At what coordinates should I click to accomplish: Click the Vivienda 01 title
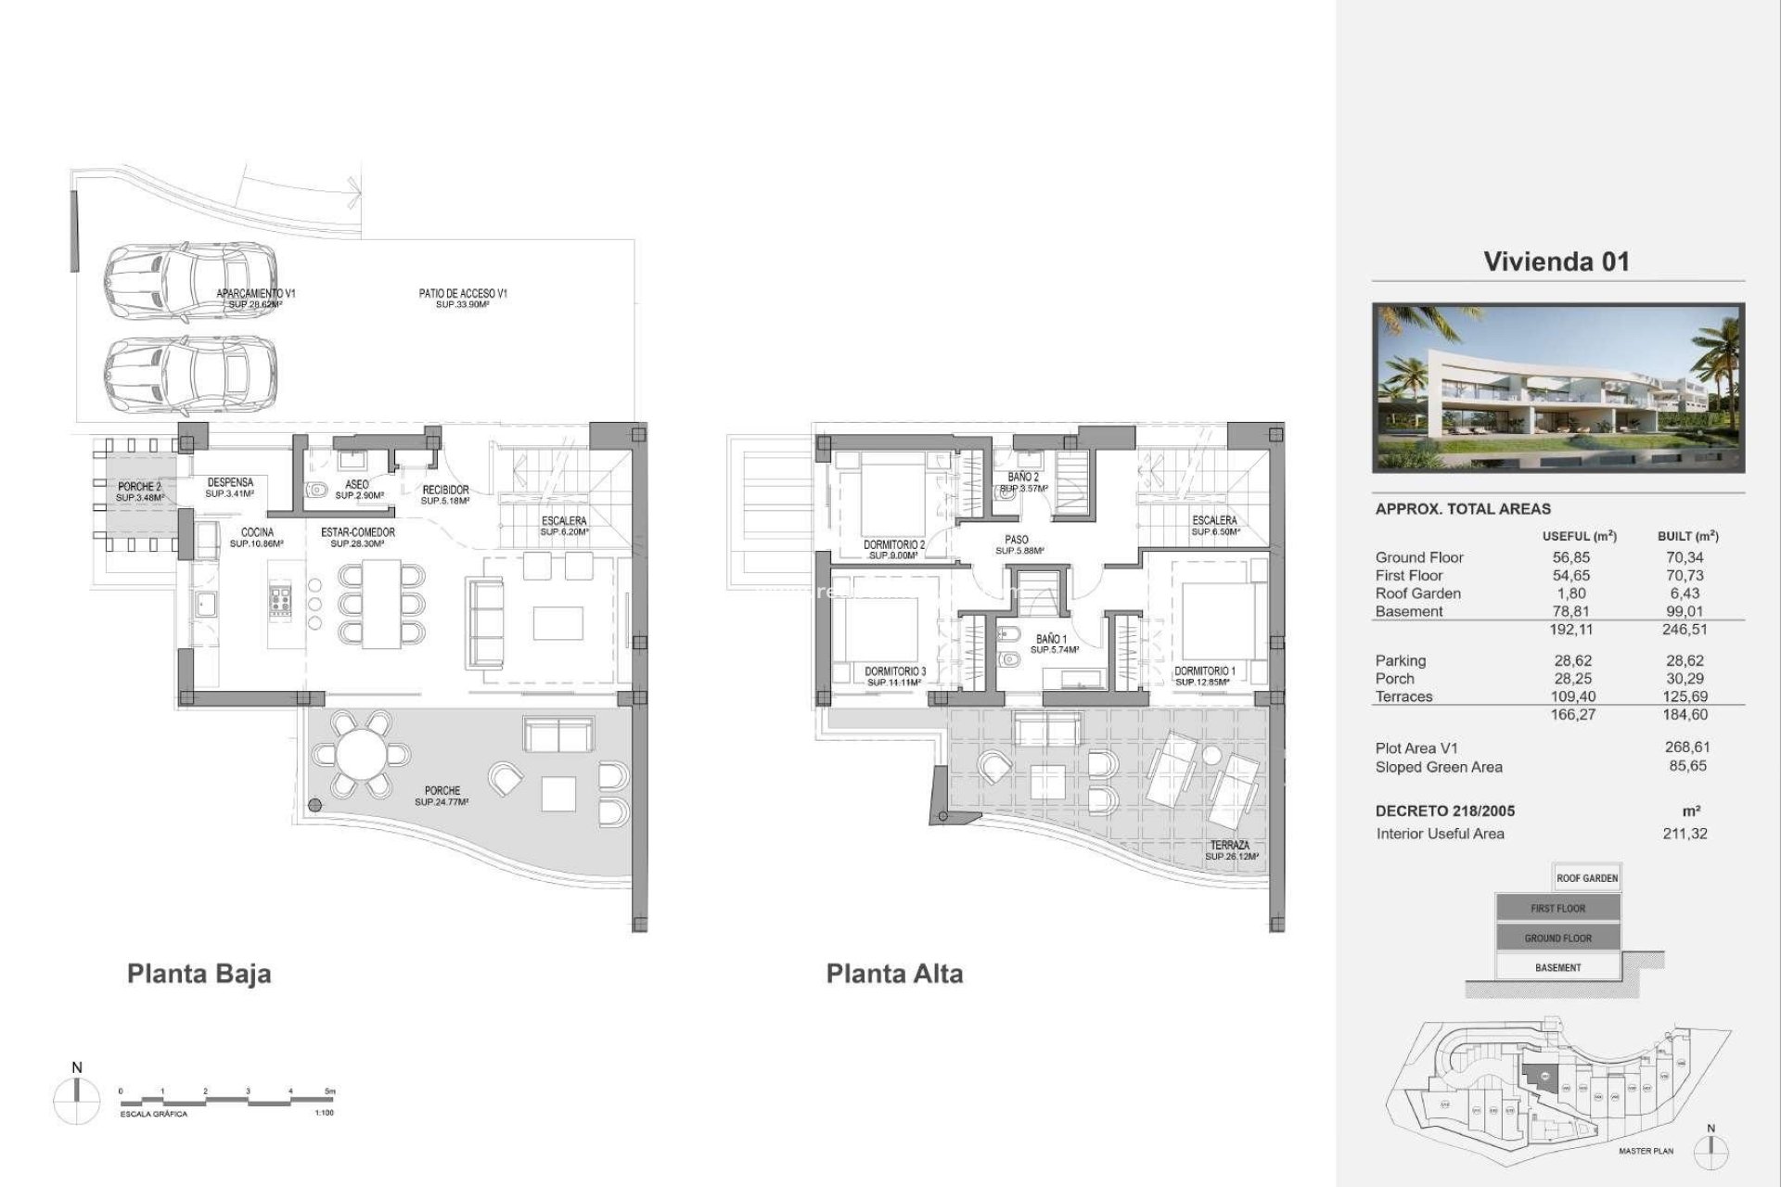(x=1556, y=262)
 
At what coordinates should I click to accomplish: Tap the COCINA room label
(x=257, y=532)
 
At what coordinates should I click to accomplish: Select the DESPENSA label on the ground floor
(x=230, y=482)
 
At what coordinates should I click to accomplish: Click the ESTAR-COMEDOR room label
(x=358, y=532)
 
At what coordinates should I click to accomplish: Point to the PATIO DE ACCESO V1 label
(x=463, y=294)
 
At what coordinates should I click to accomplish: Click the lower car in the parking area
(x=189, y=375)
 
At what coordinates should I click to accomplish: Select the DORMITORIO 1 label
(x=1204, y=671)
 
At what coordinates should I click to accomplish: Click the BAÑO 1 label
(x=1051, y=640)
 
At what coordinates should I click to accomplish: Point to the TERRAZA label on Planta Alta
(x=1229, y=846)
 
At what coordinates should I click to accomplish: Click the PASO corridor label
(x=1016, y=540)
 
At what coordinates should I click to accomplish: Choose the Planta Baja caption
(x=199, y=974)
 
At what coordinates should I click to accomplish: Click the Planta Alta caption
(x=894, y=974)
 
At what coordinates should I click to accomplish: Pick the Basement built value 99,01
(x=1685, y=611)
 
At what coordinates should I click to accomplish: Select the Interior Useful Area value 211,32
(x=1685, y=834)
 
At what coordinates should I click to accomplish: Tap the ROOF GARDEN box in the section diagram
(x=1586, y=878)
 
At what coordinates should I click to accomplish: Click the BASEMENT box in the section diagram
(x=1557, y=967)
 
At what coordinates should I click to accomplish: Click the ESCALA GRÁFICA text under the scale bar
(x=153, y=1114)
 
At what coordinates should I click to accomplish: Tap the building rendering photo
(x=1557, y=388)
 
